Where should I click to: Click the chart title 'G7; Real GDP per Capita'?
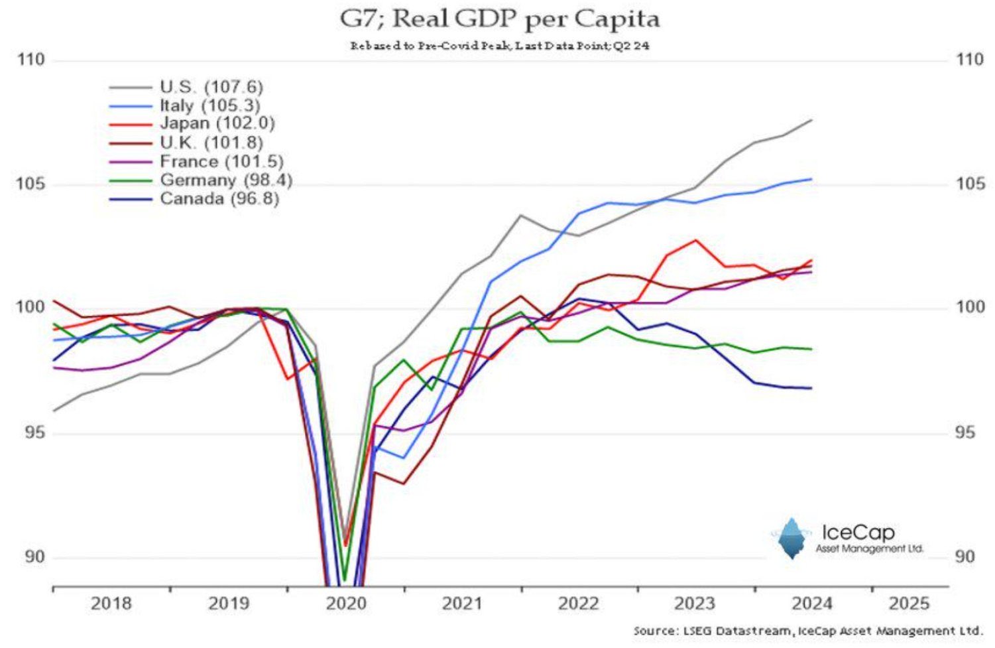click(499, 19)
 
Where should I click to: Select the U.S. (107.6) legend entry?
click(211, 87)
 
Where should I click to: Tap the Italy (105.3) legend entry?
click(209, 105)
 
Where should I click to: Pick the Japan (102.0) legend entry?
click(217, 124)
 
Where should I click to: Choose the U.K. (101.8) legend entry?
click(211, 143)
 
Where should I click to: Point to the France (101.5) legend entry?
click(221, 161)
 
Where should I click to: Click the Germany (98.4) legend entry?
click(225, 180)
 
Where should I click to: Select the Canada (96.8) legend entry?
click(219, 198)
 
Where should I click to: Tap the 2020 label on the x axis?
click(346, 604)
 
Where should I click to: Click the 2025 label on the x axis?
click(909, 604)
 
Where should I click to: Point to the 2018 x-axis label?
click(111, 604)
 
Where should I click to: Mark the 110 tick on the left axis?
click(30, 60)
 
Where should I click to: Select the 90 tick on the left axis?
click(34, 556)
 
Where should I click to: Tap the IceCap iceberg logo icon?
click(791, 538)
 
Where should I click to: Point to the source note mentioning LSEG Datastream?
click(807, 631)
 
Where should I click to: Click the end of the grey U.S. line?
click(811, 120)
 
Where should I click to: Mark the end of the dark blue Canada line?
click(811, 388)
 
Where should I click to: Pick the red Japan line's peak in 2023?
click(695, 240)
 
